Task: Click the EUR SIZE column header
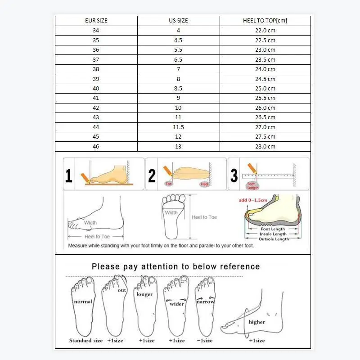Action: click(x=96, y=21)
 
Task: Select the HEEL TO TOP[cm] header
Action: click(x=265, y=21)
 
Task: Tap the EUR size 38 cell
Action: click(x=96, y=69)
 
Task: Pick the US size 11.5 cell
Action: click(x=178, y=127)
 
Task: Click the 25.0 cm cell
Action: click(x=265, y=89)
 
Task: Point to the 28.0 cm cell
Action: click(x=265, y=147)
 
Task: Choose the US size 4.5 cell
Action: click(x=178, y=40)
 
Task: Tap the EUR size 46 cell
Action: click(x=96, y=147)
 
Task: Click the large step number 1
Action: click(x=68, y=175)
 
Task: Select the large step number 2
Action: click(x=152, y=175)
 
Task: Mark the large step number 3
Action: click(x=234, y=175)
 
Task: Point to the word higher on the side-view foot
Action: click(x=256, y=322)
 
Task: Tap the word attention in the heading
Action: click(x=168, y=266)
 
